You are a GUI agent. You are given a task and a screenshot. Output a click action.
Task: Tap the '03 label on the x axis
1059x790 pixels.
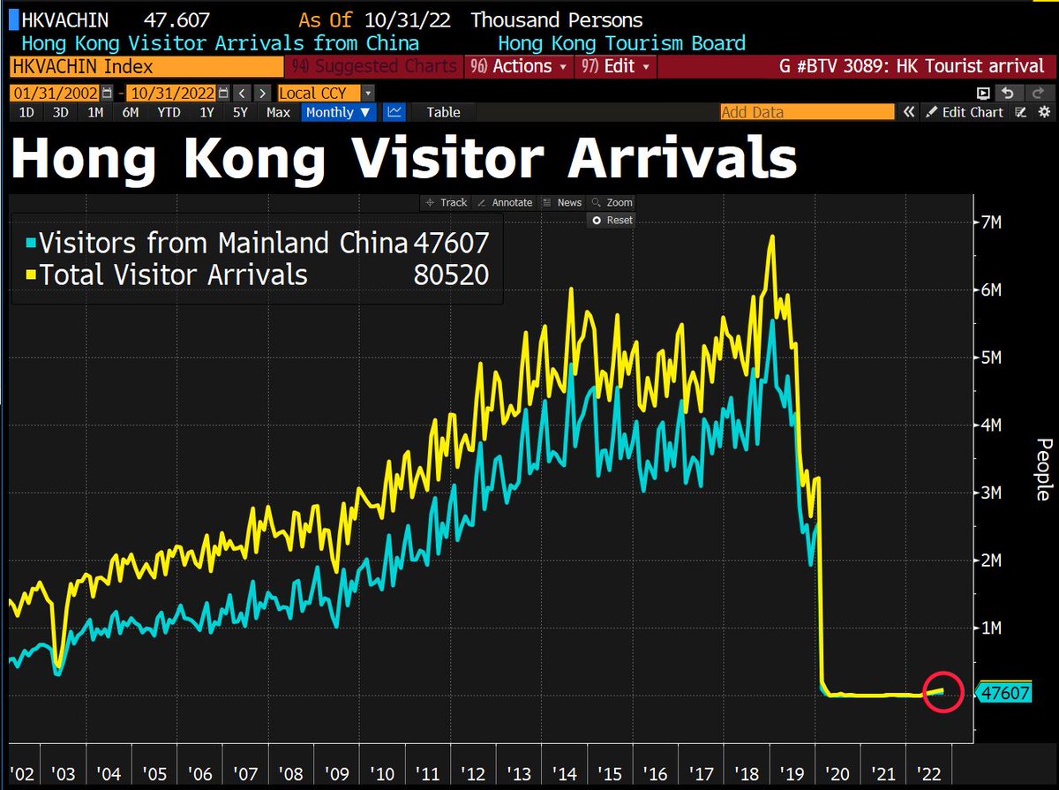[x=64, y=774]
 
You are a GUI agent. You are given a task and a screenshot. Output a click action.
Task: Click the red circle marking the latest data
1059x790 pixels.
[x=942, y=692]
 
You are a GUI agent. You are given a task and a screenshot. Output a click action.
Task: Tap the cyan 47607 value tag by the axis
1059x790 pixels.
[x=1004, y=693]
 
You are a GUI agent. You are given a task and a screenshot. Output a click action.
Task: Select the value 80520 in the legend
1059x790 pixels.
[x=451, y=275]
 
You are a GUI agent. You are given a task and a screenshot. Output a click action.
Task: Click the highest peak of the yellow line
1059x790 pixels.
[x=772, y=237]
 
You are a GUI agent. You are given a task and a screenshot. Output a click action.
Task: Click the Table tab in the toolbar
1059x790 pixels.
[x=443, y=112]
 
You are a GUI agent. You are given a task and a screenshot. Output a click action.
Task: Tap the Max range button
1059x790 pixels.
[x=278, y=112]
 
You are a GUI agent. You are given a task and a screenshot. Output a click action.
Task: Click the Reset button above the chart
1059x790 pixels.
[x=613, y=220]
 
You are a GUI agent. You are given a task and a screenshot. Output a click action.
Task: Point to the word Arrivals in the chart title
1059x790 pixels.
[x=681, y=160]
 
